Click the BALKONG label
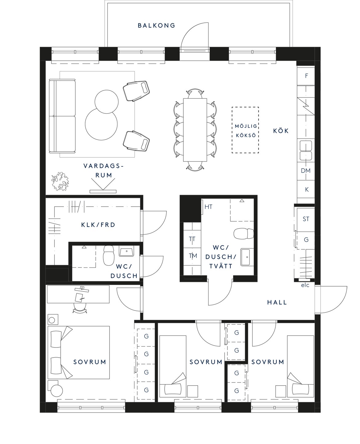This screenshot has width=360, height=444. click(x=156, y=26)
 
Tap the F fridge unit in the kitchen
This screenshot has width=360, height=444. click(x=306, y=76)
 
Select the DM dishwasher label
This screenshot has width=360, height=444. click(x=306, y=171)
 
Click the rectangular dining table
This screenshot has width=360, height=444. click(x=195, y=130)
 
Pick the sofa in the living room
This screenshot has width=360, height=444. click(x=62, y=116)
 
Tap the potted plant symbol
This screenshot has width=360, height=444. click(x=60, y=181)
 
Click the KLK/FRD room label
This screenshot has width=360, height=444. click(x=98, y=225)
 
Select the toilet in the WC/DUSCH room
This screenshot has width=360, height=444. click(x=109, y=255)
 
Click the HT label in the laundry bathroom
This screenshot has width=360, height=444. click(x=208, y=207)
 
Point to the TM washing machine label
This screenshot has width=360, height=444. click(x=193, y=256)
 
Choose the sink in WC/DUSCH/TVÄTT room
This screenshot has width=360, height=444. click(x=247, y=257)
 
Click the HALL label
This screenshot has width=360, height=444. click(x=277, y=302)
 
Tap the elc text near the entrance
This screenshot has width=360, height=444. click(x=305, y=285)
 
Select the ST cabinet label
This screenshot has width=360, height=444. click(x=306, y=219)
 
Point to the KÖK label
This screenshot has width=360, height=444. click(x=281, y=131)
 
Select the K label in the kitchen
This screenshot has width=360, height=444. click(x=306, y=189)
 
